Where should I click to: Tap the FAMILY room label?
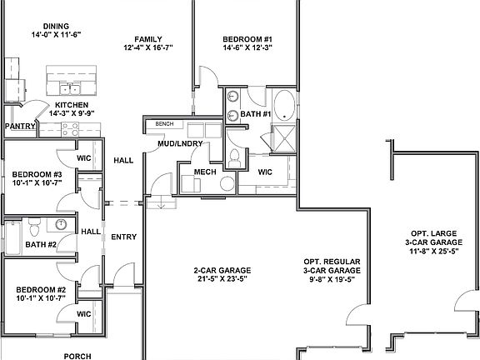pos(148,38)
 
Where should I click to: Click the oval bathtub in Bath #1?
pos(285,106)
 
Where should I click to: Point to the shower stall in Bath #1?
pos(285,136)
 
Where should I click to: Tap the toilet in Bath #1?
pos(234,157)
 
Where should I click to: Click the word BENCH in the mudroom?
pos(164,123)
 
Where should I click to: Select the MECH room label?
pos(205,172)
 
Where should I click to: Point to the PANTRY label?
pos(18,126)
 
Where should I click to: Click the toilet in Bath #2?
pos(34,226)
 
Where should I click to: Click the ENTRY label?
pos(123,237)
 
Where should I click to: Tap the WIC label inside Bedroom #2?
pos(83,313)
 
